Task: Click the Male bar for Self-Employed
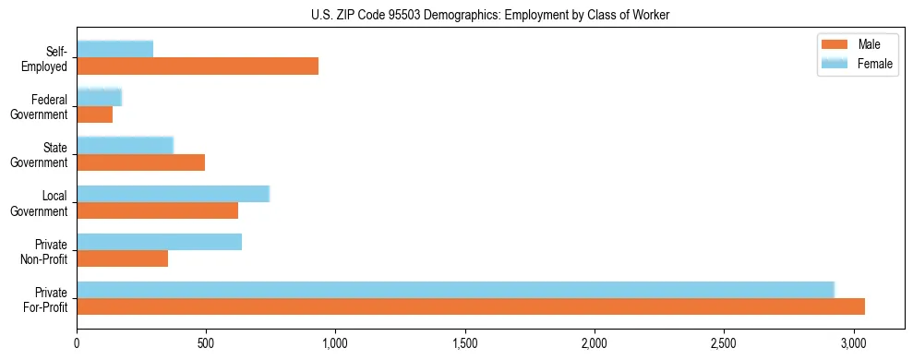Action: [x=198, y=66]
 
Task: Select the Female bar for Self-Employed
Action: [x=115, y=49]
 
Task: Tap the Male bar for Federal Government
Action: [x=95, y=114]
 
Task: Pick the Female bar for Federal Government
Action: [x=100, y=97]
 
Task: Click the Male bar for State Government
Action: [x=141, y=162]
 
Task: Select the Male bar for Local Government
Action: [x=158, y=210]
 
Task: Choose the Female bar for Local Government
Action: [x=174, y=193]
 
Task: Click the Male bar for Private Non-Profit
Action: [x=123, y=258]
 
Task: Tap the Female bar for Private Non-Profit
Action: [x=160, y=242]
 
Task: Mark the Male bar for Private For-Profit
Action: [x=471, y=306]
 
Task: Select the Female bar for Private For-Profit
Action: [x=456, y=290]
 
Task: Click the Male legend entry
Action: [x=858, y=45]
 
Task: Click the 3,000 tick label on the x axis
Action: [x=854, y=343]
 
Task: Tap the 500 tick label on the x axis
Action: [x=206, y=343]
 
